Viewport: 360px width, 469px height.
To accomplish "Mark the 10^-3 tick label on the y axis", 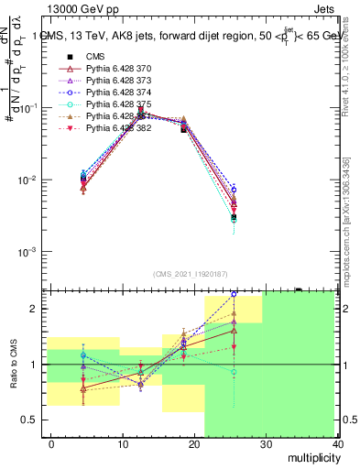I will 29,252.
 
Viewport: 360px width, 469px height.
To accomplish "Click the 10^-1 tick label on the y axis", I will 29,108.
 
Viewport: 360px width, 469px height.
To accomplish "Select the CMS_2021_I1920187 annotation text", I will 189,273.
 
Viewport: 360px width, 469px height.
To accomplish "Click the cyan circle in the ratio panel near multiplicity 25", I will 235,373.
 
